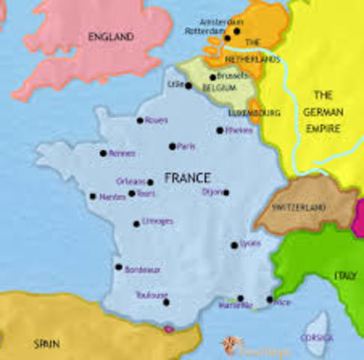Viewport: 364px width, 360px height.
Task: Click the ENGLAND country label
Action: pos(110,37)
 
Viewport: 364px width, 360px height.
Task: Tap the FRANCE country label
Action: pos(187,178)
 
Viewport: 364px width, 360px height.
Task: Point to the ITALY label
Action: pos(345,276)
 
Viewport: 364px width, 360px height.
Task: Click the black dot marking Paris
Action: pos(172,146)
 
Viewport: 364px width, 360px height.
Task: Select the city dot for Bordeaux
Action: pos(118,266)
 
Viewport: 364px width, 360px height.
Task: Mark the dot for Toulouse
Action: pos(166,302)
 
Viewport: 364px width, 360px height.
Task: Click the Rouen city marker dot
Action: pos(139,120)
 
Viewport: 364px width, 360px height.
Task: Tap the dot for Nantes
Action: pos(93,196)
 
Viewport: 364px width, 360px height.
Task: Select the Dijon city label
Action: pos(212,191)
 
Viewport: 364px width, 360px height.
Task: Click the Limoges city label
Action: pos(158,221)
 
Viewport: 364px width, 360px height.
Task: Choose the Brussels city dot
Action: pos(213,76)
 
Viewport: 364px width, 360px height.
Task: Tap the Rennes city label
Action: pos(122,153)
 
